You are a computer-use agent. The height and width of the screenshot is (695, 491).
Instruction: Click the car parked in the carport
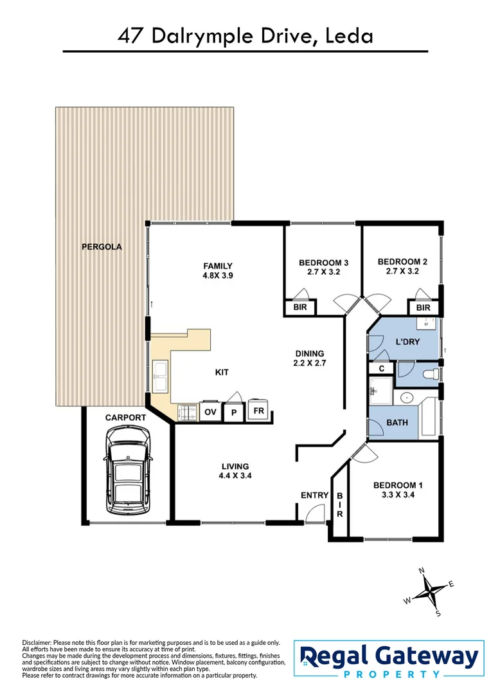click(x=129, y=474)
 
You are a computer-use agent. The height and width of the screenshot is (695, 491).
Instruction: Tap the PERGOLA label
click(x=102, y=246)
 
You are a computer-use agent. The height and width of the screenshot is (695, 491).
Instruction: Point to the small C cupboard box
click(x=381, y=369)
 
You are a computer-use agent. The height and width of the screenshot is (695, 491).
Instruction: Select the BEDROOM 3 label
click(x=323, y=263)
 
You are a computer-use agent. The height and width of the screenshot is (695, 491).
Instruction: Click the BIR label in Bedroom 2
click(x=422, y=308)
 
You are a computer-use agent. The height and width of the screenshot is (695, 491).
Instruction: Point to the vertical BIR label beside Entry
click(x=339, y=505)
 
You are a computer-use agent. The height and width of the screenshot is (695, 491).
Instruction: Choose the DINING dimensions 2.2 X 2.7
click(x=310, y=364)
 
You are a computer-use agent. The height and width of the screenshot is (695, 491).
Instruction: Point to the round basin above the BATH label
click(x=406, y=397)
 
